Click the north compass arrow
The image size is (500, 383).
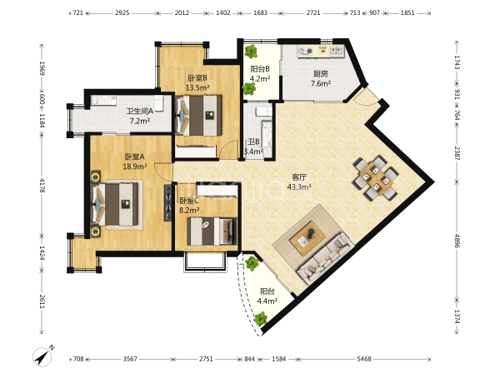(x=42, y=356)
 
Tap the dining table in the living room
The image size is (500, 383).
(x=376, y=178)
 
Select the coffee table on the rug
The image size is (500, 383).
(x=307, y=238)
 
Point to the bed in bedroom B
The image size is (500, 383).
(x=198, y=116)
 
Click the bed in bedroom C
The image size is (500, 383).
(x=212, y=231)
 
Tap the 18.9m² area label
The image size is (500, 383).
(x=135, y=166)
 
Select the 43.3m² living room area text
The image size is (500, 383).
(x=299, y=187)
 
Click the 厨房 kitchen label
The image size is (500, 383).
(x=321, y=74)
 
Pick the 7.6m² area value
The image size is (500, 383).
(x=321, y=84)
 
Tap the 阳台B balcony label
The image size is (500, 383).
(x=260, y=69)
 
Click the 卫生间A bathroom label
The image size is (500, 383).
(x=140, y=112)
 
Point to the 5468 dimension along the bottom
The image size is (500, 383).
(x=364, y=359)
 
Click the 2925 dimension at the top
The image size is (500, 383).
(x=122, y=12)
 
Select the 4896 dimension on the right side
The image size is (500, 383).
(x=457, y=241)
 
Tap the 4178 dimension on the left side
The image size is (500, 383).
(x=42, y=185)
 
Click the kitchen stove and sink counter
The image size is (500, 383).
(x=321, y=52)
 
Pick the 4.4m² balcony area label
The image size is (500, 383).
(x=267, y=301)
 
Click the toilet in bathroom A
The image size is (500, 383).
(x=159, y=102)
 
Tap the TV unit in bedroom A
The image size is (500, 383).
(x=167, y=202)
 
